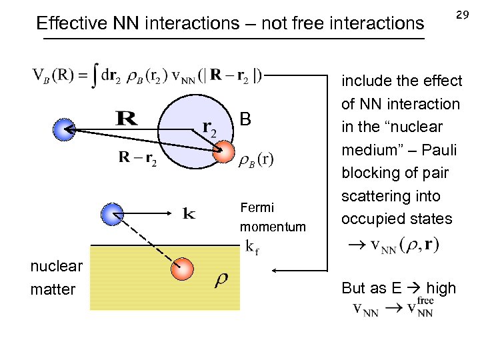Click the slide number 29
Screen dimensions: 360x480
coord(461,15)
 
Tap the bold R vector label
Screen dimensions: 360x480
coord(127,120)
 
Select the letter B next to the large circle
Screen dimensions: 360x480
coord(245,120)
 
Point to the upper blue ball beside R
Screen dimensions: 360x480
coord(65,129)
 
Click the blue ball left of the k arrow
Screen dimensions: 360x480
coord(111,214)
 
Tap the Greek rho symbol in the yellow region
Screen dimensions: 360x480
coord(221,279)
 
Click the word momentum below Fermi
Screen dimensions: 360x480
coord(273,227)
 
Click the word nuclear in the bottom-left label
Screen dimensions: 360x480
coord(57,267)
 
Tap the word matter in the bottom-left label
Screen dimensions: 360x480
coord(53,289)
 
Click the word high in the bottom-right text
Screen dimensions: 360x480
coord(441,289)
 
